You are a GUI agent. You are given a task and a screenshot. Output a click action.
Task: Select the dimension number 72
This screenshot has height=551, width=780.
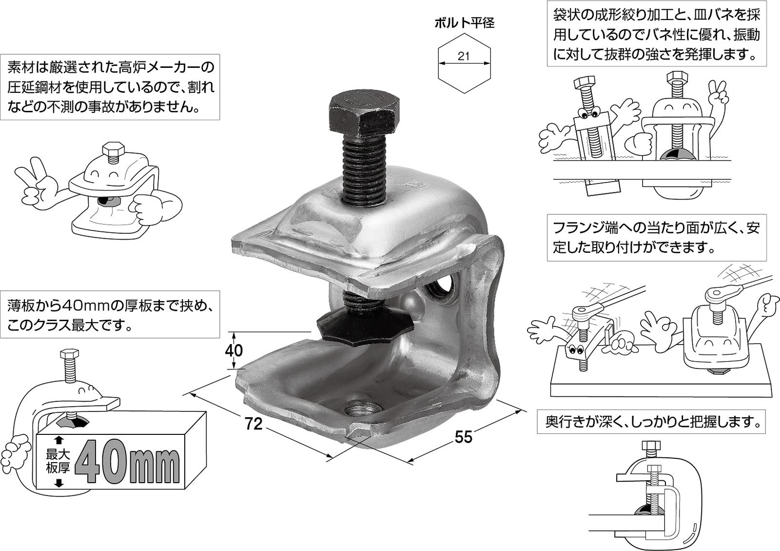[x=253, y=424]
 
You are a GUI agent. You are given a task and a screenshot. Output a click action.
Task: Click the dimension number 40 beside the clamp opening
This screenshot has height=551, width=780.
[x=234, y=350]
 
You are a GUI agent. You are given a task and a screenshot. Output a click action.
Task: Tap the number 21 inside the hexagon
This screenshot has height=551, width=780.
[x=464, y=56]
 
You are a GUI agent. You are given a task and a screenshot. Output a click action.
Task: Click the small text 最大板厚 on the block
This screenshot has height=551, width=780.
[x=58, y=461]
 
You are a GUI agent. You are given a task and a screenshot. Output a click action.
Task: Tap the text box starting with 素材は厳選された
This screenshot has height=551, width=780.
[x=110, y=87]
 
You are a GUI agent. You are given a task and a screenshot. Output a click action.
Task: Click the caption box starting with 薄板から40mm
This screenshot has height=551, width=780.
[x=110, y=315]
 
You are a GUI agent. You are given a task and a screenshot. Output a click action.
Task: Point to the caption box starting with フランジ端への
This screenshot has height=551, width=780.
[x=656, y=238]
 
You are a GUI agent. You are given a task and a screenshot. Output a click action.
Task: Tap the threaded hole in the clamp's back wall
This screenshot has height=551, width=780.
[x=443, y=287]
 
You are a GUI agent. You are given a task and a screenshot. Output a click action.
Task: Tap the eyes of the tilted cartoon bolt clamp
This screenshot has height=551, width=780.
[x=588, y=115]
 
